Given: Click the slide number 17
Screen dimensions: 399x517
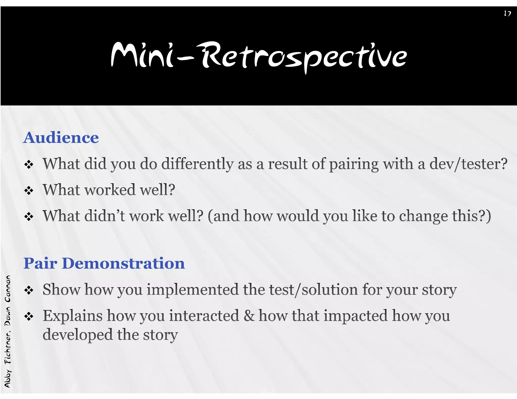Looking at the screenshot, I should [x=507, y=13].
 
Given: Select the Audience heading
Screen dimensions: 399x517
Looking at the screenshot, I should [x=61, y=138].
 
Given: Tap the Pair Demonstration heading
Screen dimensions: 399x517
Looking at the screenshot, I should [x=104, y=263].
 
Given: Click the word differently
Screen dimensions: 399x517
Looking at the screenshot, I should [x=197, y=164].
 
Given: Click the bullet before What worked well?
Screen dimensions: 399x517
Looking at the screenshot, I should [x=29, y=190].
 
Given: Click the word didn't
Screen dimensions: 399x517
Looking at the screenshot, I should [x=105, y=216].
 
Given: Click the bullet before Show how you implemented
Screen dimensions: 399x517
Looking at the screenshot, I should [x=29, y=290].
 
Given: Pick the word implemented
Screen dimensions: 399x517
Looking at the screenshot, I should [x=193, y=290].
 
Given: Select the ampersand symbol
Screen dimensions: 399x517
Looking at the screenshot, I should [x=249, y=316].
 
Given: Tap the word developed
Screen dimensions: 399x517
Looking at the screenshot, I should [x=77, y=335].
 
